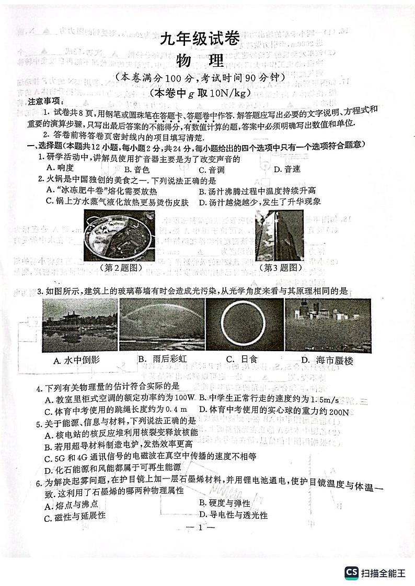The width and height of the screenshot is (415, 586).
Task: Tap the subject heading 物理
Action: click(x=207, y=62)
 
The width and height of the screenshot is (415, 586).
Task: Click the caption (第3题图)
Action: click(x=280, y=268)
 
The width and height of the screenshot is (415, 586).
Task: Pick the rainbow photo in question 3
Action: click(x=162, y=325)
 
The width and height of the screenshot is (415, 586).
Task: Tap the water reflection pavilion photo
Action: click(x=79, y=325)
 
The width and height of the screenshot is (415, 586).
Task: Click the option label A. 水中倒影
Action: click(x=76, y=360)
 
